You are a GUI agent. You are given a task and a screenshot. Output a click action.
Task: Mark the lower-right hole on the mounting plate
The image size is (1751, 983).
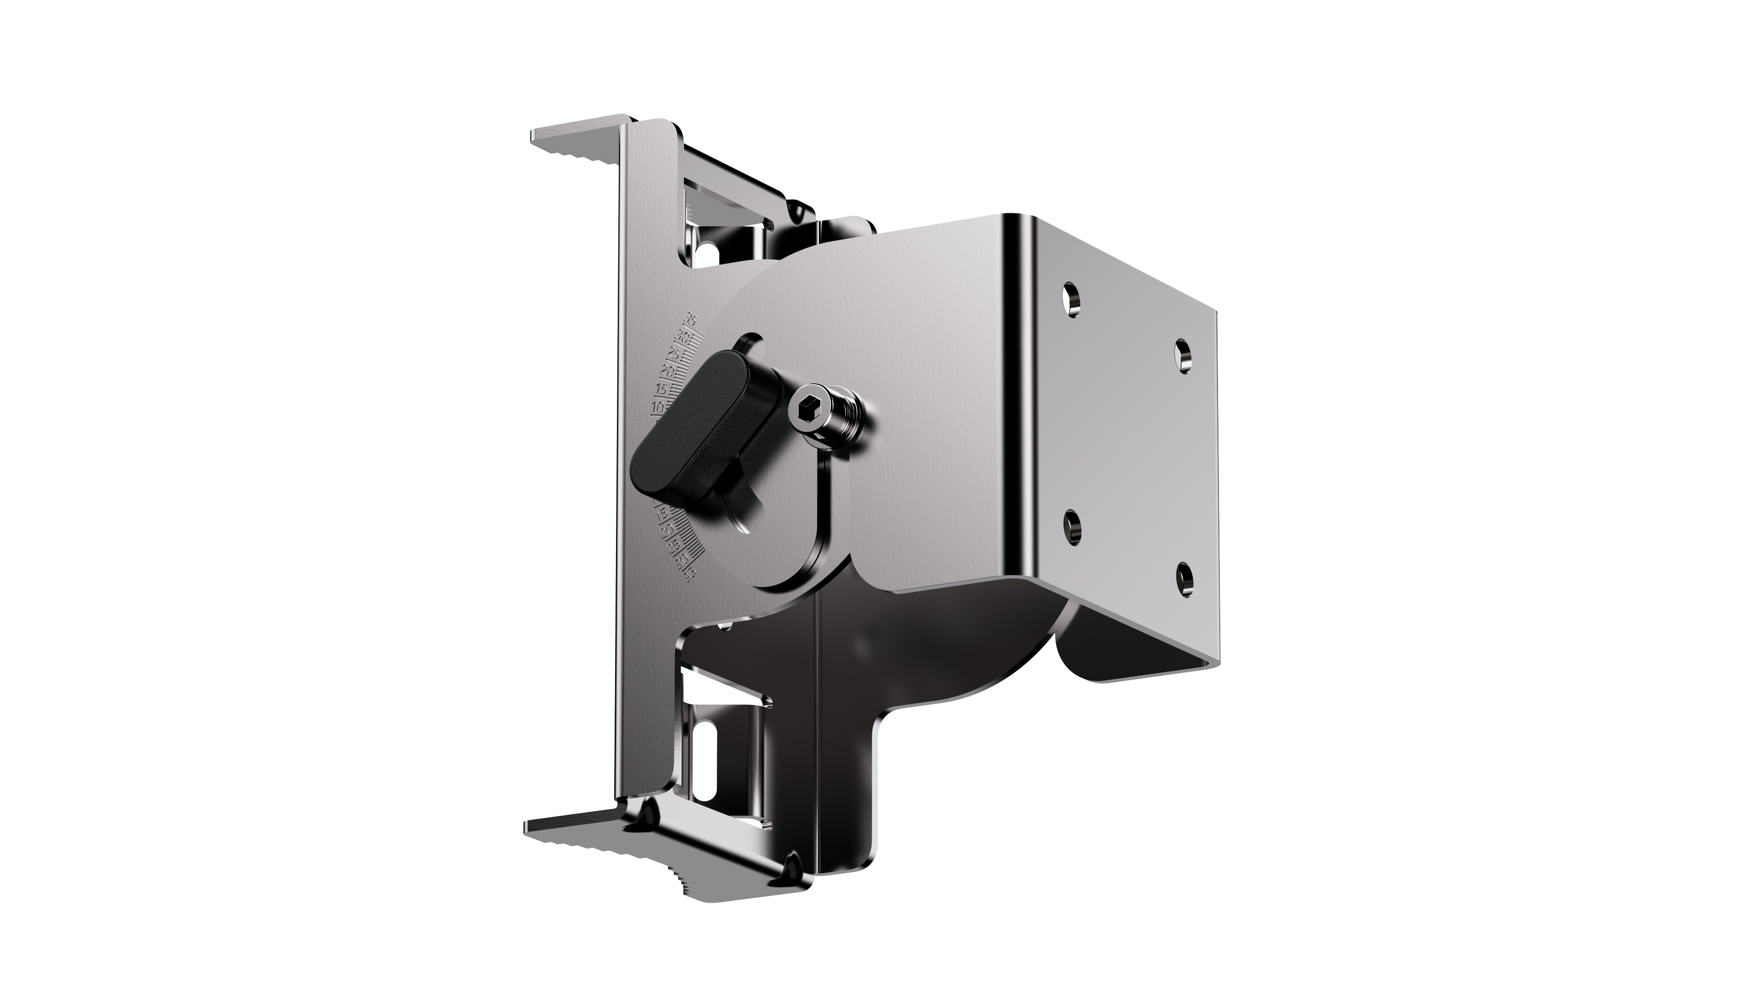[1183, 578]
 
